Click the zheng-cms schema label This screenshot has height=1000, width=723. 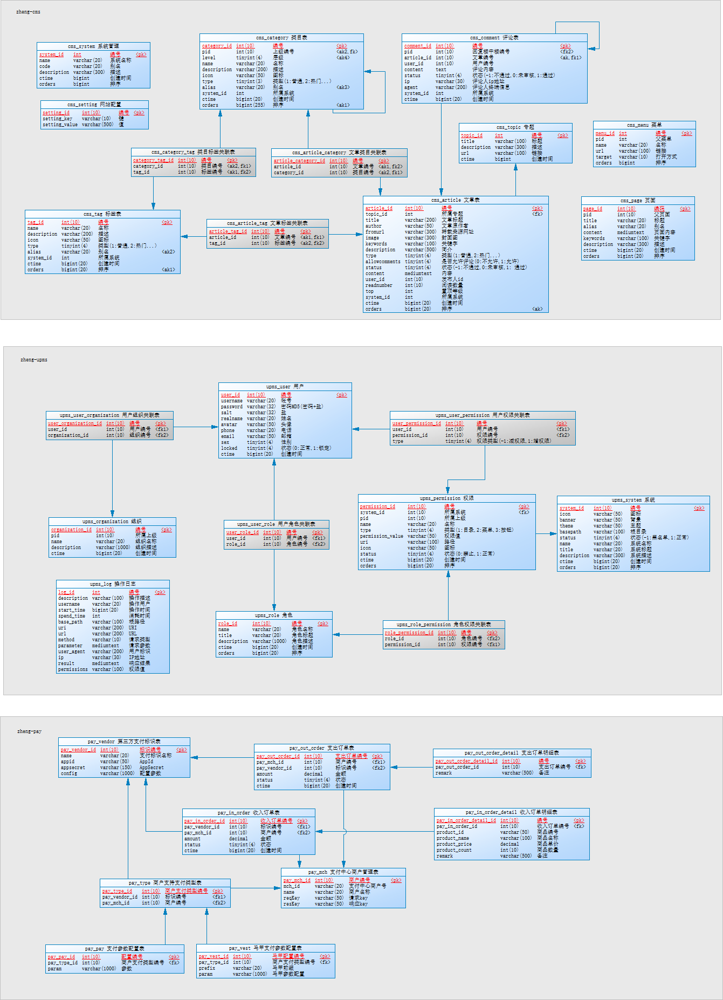tap(28, 12)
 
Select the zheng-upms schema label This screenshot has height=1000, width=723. tap(34, 360)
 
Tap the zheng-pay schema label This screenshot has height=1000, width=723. tap(29, 731)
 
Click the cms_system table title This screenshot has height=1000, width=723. tap(93, 46)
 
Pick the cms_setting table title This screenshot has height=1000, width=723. tap(94, 105)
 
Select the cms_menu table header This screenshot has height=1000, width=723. tap(644, 125)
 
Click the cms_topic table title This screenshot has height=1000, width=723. tap(515, 127)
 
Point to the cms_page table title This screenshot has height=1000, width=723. tap(638, 201)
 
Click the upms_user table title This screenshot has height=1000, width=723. tap(285, 387)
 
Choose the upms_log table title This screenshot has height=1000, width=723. tap(113, 584)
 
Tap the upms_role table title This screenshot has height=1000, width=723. tap(274, 615)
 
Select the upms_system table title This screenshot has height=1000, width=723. tap(633, 500)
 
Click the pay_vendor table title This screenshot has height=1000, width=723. tap(124, 742)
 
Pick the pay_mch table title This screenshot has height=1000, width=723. tap(343, 872)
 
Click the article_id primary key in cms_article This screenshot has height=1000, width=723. tap(378, 208)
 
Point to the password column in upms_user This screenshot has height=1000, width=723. tap(231, 407)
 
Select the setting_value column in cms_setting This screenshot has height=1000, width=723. tap(60, 125)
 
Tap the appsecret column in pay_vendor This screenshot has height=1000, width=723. tap(73, 768)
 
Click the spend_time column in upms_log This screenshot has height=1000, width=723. tap(72, 616)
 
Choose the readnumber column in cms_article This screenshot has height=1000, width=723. tap(378, 285)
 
